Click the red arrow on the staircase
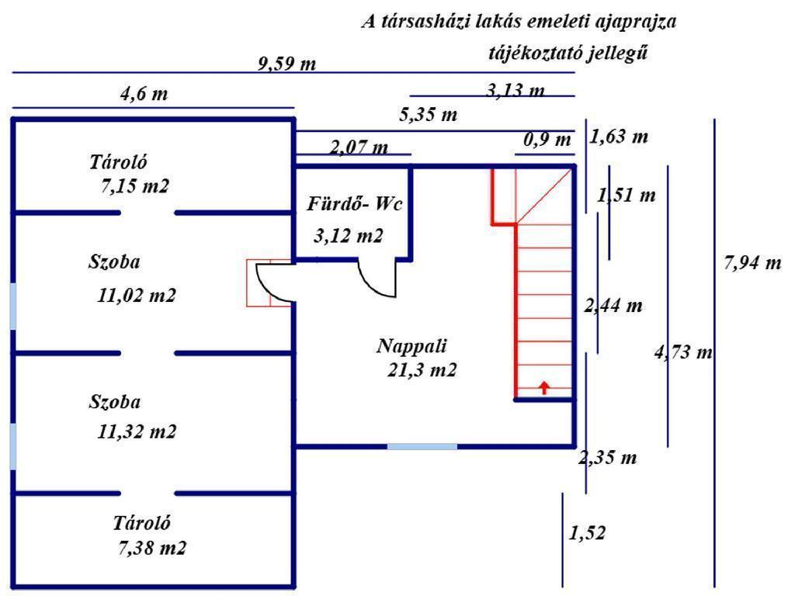tap(544, 386)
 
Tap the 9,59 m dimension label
tap(287, 63)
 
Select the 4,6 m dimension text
tap(144, 95)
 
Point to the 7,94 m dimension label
tap(752, 263)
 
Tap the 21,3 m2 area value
tap(422, 370)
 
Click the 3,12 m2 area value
tap(349, 236)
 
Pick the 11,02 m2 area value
tap(137, 296)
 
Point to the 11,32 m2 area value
tap(137, 431)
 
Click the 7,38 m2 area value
tap(152, 548)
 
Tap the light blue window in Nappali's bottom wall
tap(422, 446)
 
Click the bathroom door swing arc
tap(376, 281)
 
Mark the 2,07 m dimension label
tap(359, 147)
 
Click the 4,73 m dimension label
tap(683, 353)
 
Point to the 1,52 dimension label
tap(587, 533)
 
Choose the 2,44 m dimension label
tap(613, 305)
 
